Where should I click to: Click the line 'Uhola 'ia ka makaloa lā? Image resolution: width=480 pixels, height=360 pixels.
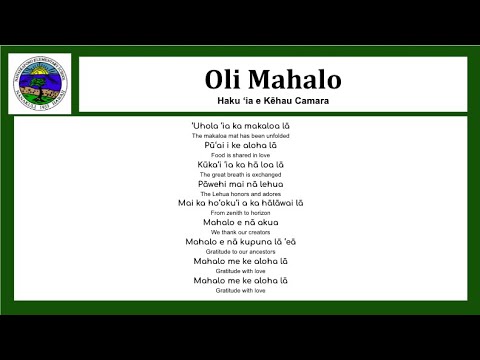pyautogui.click(x=240, y=125)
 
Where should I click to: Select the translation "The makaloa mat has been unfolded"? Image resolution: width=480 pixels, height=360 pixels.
pyautogui.click(x=240, y=135)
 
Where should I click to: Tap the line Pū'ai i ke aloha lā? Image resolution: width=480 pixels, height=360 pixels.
pyautogui.click(x=240, y=145)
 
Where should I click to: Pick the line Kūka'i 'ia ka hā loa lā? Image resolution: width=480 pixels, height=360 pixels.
pyautogui.click(x=240, y=164)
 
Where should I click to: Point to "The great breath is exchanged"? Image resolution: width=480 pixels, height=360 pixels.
pyautogui.click(x=240, y=174)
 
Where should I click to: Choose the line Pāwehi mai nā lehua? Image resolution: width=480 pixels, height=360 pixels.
pyautogui.click(x=240, y=184)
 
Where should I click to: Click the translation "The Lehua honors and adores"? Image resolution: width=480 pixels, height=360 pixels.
pyautogui.click(x=240, y=193)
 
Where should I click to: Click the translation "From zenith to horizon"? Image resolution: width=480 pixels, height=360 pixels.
pyautogui.click(x=240, y=213)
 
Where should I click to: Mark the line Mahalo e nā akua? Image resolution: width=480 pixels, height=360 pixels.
pyautogui.click(x=240, y=222)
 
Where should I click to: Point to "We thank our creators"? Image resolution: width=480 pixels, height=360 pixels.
pyautogui.click(x=240, y=232)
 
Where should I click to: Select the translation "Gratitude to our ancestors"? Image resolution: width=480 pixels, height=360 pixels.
pyautogui.click(x=240, y=251)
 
